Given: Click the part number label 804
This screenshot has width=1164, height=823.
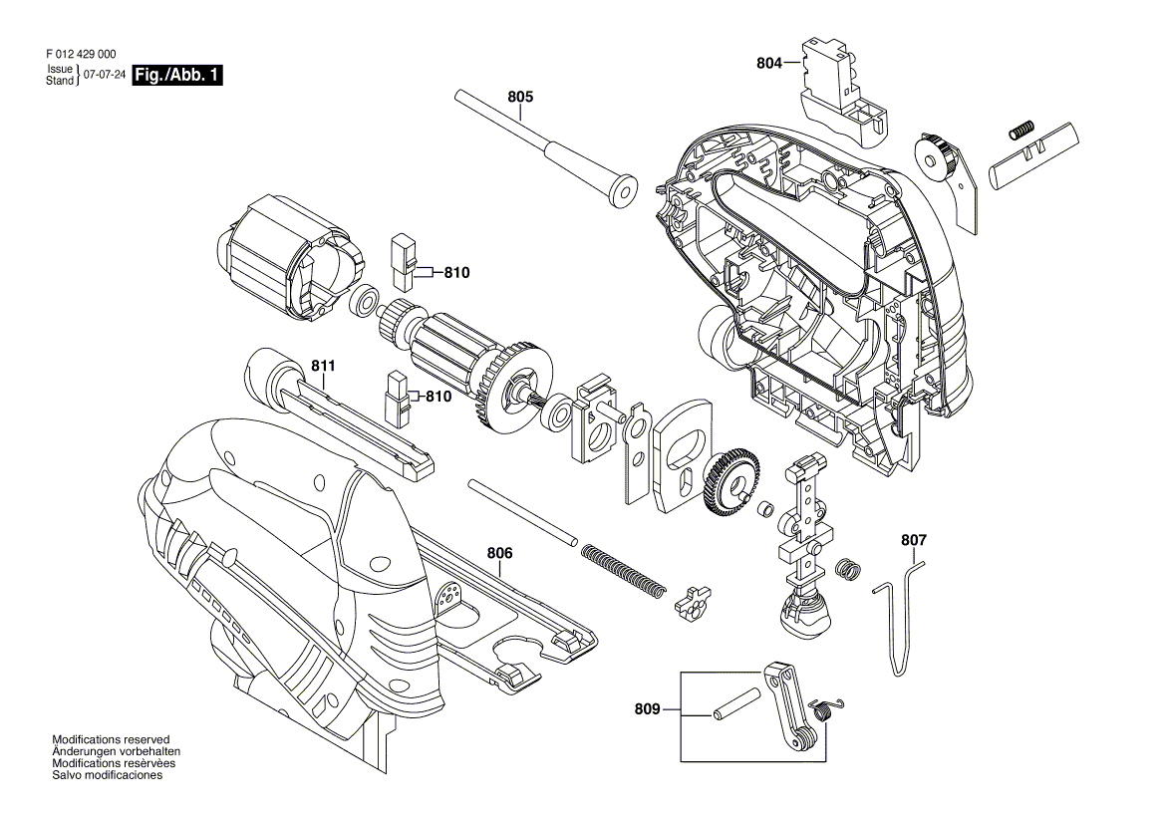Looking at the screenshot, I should tap(768, 64).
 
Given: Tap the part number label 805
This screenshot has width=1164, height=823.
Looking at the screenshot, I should tap(520, 98).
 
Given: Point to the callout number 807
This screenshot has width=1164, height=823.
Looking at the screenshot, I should tap(913, 540).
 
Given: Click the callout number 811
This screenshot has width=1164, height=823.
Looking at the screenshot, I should tap(323, 367).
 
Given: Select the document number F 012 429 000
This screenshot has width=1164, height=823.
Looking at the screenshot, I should tap(82, 56).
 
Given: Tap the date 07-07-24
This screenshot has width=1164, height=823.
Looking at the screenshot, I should tap(105, 76).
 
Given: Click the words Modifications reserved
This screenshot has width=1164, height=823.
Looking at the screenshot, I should tap(111, 740).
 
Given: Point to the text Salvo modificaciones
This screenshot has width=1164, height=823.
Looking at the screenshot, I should tap(107, 775).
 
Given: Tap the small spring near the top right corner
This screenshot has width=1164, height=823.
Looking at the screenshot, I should tap(1019, 130).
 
